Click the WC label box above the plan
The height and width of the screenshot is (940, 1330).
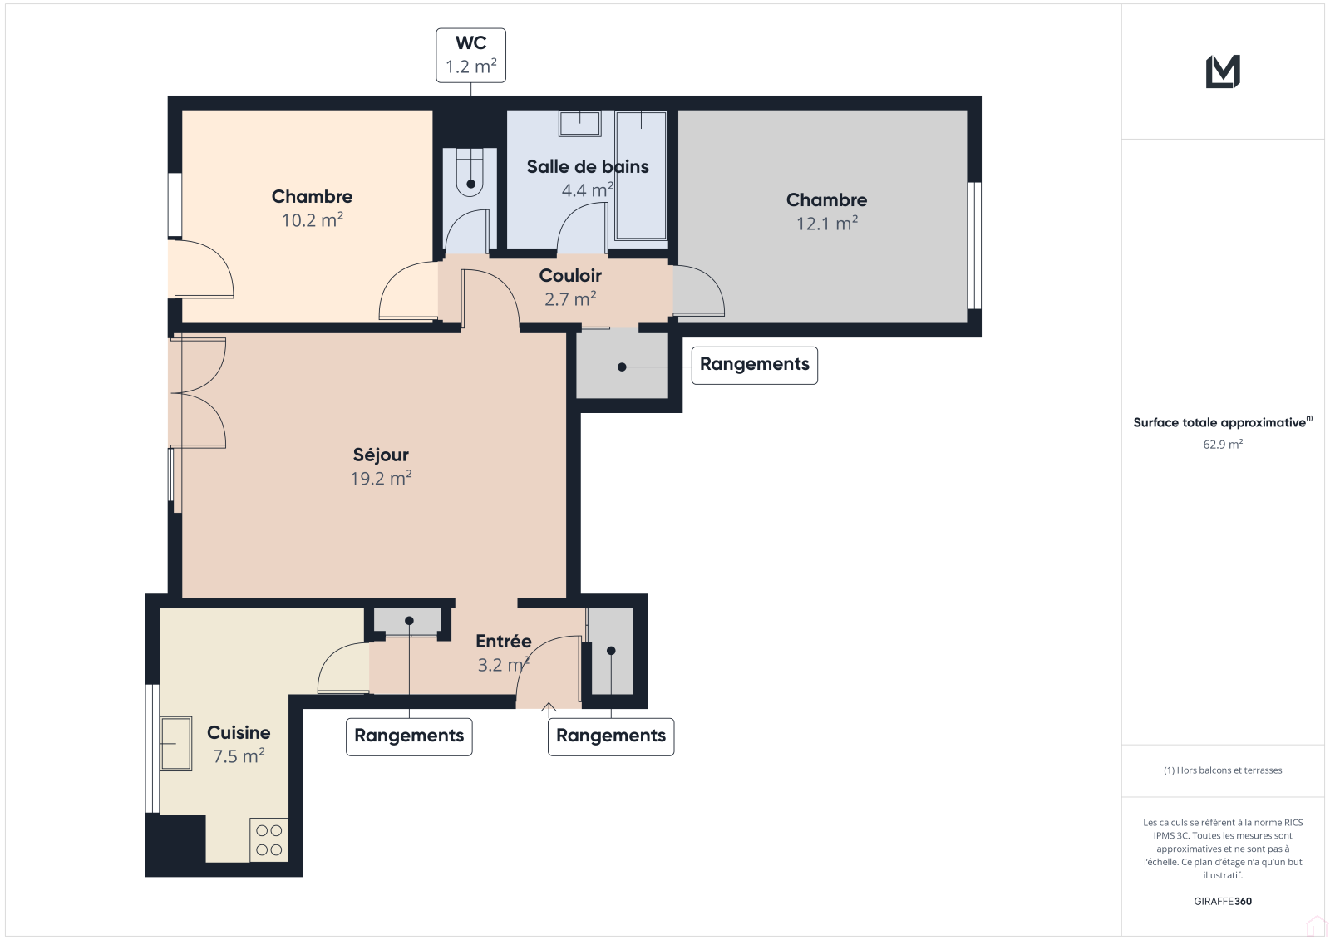[x=470, y=55]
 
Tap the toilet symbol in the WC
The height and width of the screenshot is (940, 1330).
[x=470, y=171]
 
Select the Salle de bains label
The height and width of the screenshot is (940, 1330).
[x=587, y=167]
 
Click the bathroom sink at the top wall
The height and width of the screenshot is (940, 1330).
[x=580, y=124]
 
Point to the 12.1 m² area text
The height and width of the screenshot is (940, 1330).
[x=826, y=224]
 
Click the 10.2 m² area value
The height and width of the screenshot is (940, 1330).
[x=313, y=220]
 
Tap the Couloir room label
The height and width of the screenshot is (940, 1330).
[x=570, y=276]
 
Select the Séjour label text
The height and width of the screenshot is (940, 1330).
[x=381, y=455]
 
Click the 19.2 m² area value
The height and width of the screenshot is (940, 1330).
[x=381, y=479]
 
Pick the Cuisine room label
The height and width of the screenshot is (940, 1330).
[x=239, y=733]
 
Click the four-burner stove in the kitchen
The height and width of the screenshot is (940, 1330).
[x=269, y=840]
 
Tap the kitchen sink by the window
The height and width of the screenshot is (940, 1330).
[x=175, y=744]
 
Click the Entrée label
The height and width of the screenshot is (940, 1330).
[x=504, y=642]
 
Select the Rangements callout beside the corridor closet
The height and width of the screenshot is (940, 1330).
[x=754, y=365]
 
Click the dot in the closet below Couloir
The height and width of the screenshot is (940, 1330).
[x=622, y=367]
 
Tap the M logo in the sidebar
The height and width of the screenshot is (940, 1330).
[x=1223, y=71]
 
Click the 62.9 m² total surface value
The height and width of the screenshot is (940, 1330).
[x=1223, y=444]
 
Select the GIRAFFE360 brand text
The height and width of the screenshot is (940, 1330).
[x=1223, y=901]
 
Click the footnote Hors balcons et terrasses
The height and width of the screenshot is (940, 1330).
[x=1223, y=770]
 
